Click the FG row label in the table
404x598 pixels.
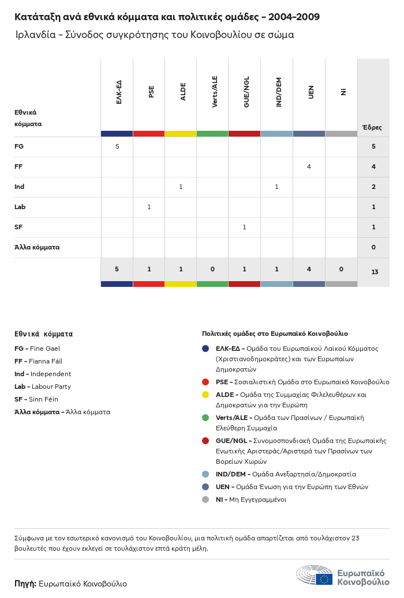click(x=19, y=146)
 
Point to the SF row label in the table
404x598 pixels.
click(x=18, y=227)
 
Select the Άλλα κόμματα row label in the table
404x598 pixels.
click(x=37, y=247)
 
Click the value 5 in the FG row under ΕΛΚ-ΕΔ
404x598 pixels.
click(x=117, y=146)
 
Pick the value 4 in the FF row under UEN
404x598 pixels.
click(x=309, y=166)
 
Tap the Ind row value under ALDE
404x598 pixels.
click(x=181, y=187)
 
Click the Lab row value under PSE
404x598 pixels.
click(x=149, y=207)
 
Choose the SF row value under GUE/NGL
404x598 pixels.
click(x=245, y=227)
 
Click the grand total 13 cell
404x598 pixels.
click(x=374, y=272)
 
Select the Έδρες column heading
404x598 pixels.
click(x=372, y=127)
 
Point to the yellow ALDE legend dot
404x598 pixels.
click(x=205, y=395)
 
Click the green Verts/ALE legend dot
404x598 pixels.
click(x=205, y=418)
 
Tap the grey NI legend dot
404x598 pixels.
click(x=205, y=499)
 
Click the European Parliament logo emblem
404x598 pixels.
click(x=315, y=576)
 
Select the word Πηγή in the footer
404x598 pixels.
click(x=25, y=584)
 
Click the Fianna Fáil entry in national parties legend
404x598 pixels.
click(x=37, y=361)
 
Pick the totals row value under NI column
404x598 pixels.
click(x=341, y=269)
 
